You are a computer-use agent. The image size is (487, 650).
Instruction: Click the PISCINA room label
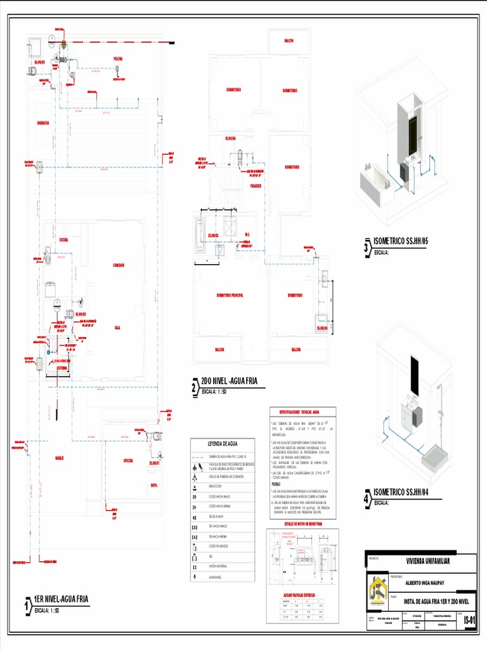pos(118,59)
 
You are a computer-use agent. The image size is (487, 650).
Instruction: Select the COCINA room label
pos(63,239)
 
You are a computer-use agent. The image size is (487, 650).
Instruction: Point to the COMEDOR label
pos(119,265)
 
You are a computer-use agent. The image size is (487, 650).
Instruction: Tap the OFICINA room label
pos(129,461)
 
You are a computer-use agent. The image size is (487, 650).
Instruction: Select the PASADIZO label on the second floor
pos(256,186)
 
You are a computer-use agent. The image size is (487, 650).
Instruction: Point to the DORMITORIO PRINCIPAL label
pos(230,295)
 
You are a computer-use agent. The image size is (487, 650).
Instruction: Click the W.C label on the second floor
pos(248,235)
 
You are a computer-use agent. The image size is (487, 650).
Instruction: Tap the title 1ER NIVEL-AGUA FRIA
pos(61,599)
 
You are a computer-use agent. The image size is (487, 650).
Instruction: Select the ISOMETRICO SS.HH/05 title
pos(401,241)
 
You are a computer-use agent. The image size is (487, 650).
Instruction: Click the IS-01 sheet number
pos(469,620)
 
